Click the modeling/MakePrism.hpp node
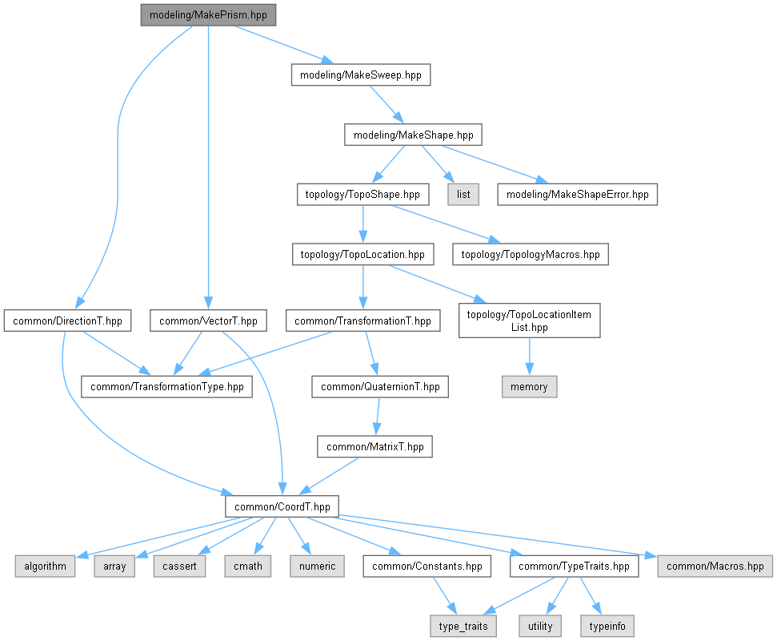coord(208,15)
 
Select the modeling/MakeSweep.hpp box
coord(360,75)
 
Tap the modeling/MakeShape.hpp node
coord(414,135)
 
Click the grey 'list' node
coord(463,194)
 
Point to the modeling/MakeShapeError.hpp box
coord(577,194)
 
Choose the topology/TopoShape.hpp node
coord(362,194)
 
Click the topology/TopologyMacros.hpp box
coord(531,255)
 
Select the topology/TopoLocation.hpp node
coord(362,255)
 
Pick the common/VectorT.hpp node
coord(208,321)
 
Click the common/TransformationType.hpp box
coord(166,387)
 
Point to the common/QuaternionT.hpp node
coord(380,387)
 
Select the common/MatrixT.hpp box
coord(374,446)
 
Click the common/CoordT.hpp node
coord(282,506)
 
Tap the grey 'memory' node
coord(529,387)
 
